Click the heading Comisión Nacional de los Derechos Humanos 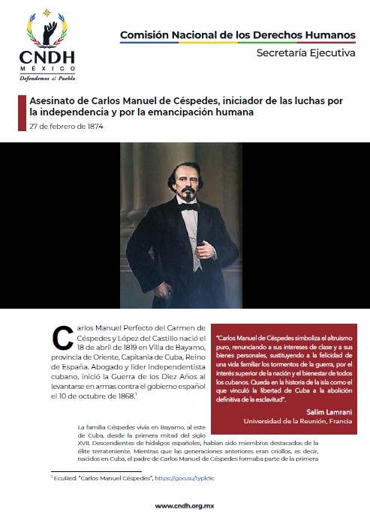coord(238,34)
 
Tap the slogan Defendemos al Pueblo coord(46,77)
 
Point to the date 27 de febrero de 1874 coord(66,126)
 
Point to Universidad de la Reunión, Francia coord(299,421)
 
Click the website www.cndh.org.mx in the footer coord(185,506)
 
